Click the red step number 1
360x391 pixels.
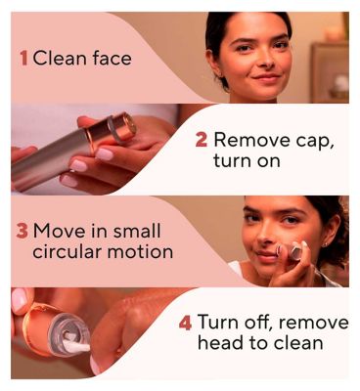(23, 59)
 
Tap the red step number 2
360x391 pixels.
(202, 140)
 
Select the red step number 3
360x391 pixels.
(22, 231)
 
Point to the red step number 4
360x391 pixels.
(185, 323)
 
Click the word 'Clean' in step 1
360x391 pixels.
(60, 59)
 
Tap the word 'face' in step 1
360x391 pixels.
(112, 59)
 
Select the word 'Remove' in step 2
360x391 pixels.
(252, 140)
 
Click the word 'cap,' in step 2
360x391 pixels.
(315, 142)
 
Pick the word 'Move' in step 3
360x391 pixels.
(60, 231)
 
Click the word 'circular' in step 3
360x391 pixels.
(67, 251)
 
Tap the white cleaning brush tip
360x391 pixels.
(75, 344)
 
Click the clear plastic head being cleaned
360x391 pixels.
(69, 333)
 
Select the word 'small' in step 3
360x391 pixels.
(137, 231)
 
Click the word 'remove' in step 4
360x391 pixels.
(313, 323)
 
